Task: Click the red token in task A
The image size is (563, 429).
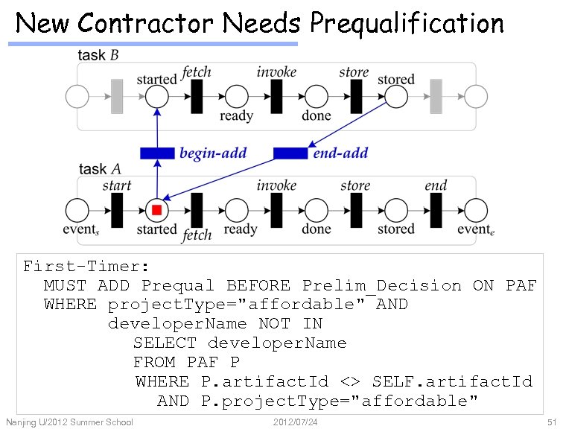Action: tap(156, 210)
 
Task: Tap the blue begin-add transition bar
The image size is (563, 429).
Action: tap(157, 153)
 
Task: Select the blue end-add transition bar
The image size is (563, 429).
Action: tap(290, 153)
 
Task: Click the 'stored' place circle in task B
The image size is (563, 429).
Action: tap(395, 96)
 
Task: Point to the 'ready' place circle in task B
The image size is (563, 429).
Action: tap(236, 96)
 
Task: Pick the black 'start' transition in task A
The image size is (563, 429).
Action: tap(117, 210)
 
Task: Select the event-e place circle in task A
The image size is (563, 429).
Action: tap(475, 210)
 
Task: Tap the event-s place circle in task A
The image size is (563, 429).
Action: tap(77, 210)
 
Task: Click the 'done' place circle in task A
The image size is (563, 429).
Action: tap(317, 210)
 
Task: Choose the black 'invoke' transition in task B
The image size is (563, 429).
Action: tap(276, 96)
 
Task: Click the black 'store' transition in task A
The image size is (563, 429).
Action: tap(356, 210)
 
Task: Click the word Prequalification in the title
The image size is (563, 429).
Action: tap(407, 23)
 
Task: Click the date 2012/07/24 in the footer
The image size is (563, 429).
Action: tap(296, 423)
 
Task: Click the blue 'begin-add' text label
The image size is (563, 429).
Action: tap(213, 154)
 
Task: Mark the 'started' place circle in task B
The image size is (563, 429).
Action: tap(156, 96)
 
